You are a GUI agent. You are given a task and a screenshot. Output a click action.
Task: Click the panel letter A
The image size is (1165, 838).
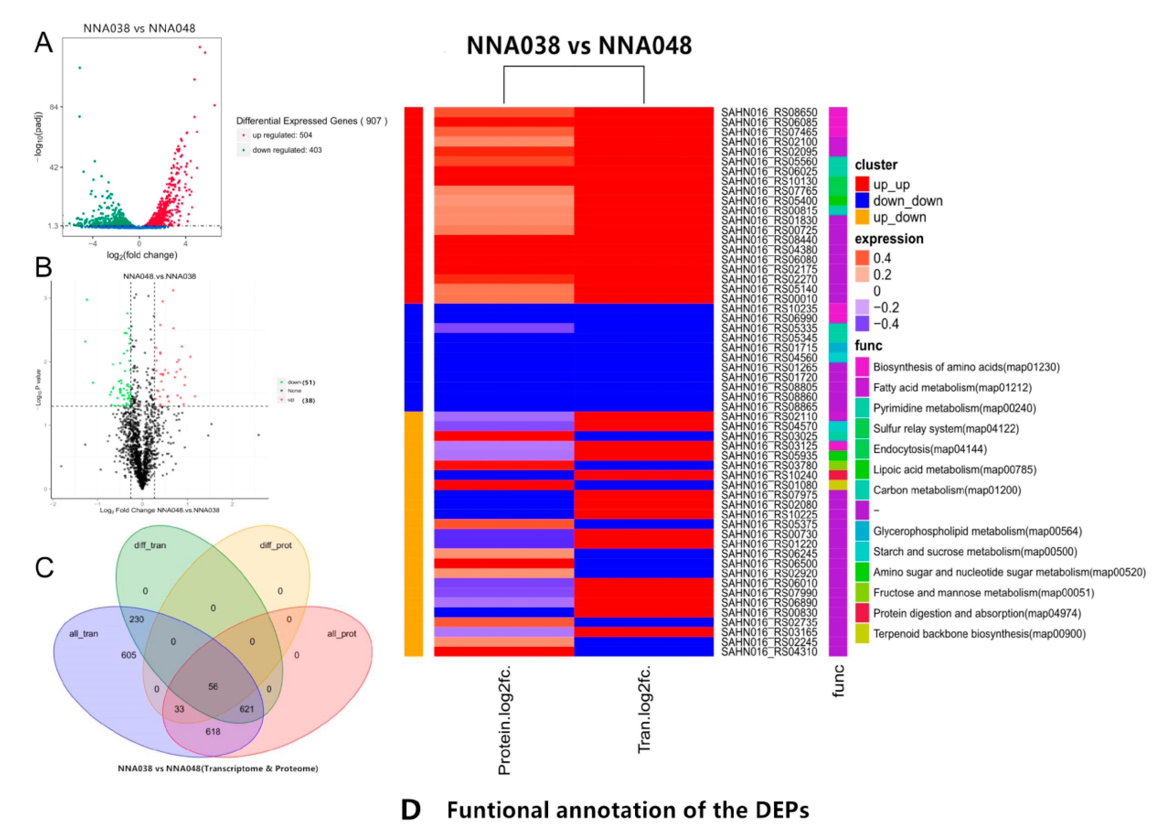point(44,43)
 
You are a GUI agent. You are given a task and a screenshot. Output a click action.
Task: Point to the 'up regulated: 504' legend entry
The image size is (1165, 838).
point(282,135)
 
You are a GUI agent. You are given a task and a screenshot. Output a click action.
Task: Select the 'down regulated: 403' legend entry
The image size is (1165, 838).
point(287,150)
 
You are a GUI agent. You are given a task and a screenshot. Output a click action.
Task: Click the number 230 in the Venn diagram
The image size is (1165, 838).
point(137,619)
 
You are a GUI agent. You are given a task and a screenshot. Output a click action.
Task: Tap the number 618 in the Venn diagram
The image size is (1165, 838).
point(213,731)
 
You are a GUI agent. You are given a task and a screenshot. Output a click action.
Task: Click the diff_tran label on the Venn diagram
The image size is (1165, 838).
point(150,545)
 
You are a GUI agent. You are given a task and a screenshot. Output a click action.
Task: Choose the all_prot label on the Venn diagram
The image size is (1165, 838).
point(342,633)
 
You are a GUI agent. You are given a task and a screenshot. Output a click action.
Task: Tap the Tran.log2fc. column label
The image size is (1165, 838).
point(644,709)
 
